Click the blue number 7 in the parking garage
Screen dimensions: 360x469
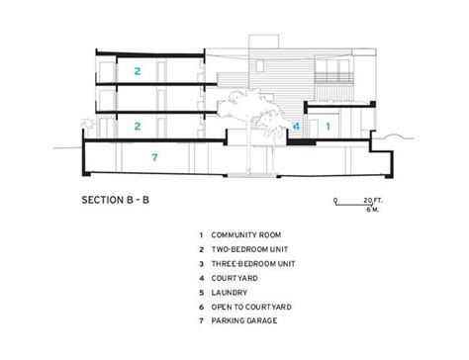coord(153,157)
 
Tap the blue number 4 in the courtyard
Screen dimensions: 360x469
coord(296,128)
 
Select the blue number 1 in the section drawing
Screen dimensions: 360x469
coord(328,127)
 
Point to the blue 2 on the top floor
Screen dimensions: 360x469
coord(139,70)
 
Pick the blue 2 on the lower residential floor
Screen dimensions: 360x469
coord(139,126)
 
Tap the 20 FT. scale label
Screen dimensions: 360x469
coord(375,201)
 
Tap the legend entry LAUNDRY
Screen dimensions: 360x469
coord(233,293)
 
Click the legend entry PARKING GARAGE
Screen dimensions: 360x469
coord(247,321)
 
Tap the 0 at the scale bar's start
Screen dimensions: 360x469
coord(334,202)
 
